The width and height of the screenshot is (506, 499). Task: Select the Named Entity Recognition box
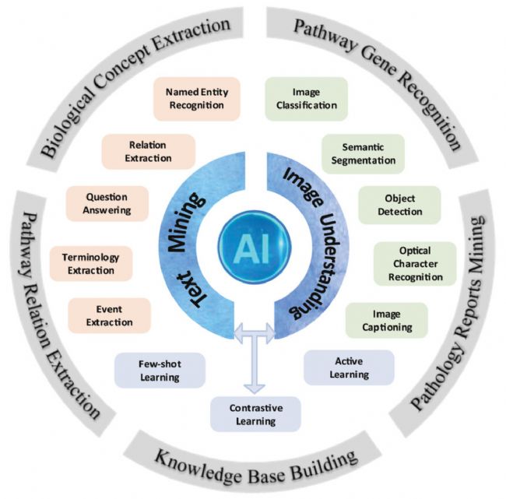[195, 98]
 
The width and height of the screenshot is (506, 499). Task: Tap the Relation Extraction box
[149, 152]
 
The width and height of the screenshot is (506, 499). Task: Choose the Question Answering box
[108, 202]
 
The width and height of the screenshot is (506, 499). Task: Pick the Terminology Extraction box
[91, 263]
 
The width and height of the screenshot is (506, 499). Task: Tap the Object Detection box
[399, 204]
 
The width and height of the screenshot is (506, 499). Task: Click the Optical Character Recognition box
[414, 263]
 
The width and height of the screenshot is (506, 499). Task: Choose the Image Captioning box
[386, 321]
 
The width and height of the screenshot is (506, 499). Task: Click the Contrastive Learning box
[255, 414]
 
